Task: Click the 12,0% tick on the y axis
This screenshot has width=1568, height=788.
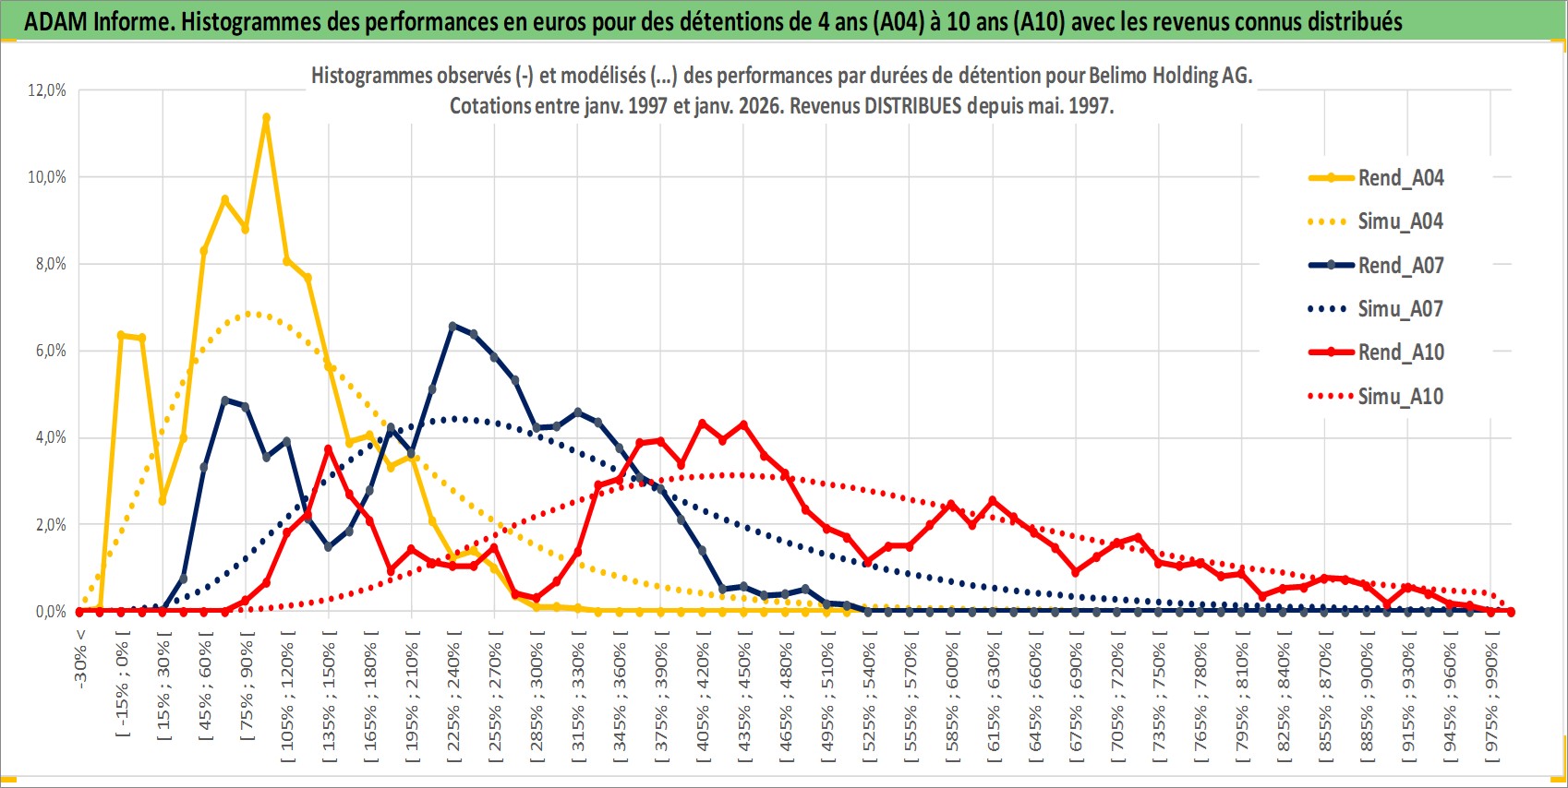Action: (x=47, y=90)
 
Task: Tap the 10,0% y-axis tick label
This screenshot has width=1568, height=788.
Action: (x=47, y=177)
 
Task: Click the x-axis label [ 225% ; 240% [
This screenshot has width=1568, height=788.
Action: (x=453, y=697)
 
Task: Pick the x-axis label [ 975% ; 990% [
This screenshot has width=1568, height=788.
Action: (x=1491, y=697)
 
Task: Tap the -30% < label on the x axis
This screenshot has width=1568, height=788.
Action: (x=81, y=658)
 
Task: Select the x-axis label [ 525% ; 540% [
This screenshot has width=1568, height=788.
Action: (x=869, y=697)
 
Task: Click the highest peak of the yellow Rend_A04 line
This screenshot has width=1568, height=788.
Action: (x=266, y=118)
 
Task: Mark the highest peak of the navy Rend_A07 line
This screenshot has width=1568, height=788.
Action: (x=452, y=326)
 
